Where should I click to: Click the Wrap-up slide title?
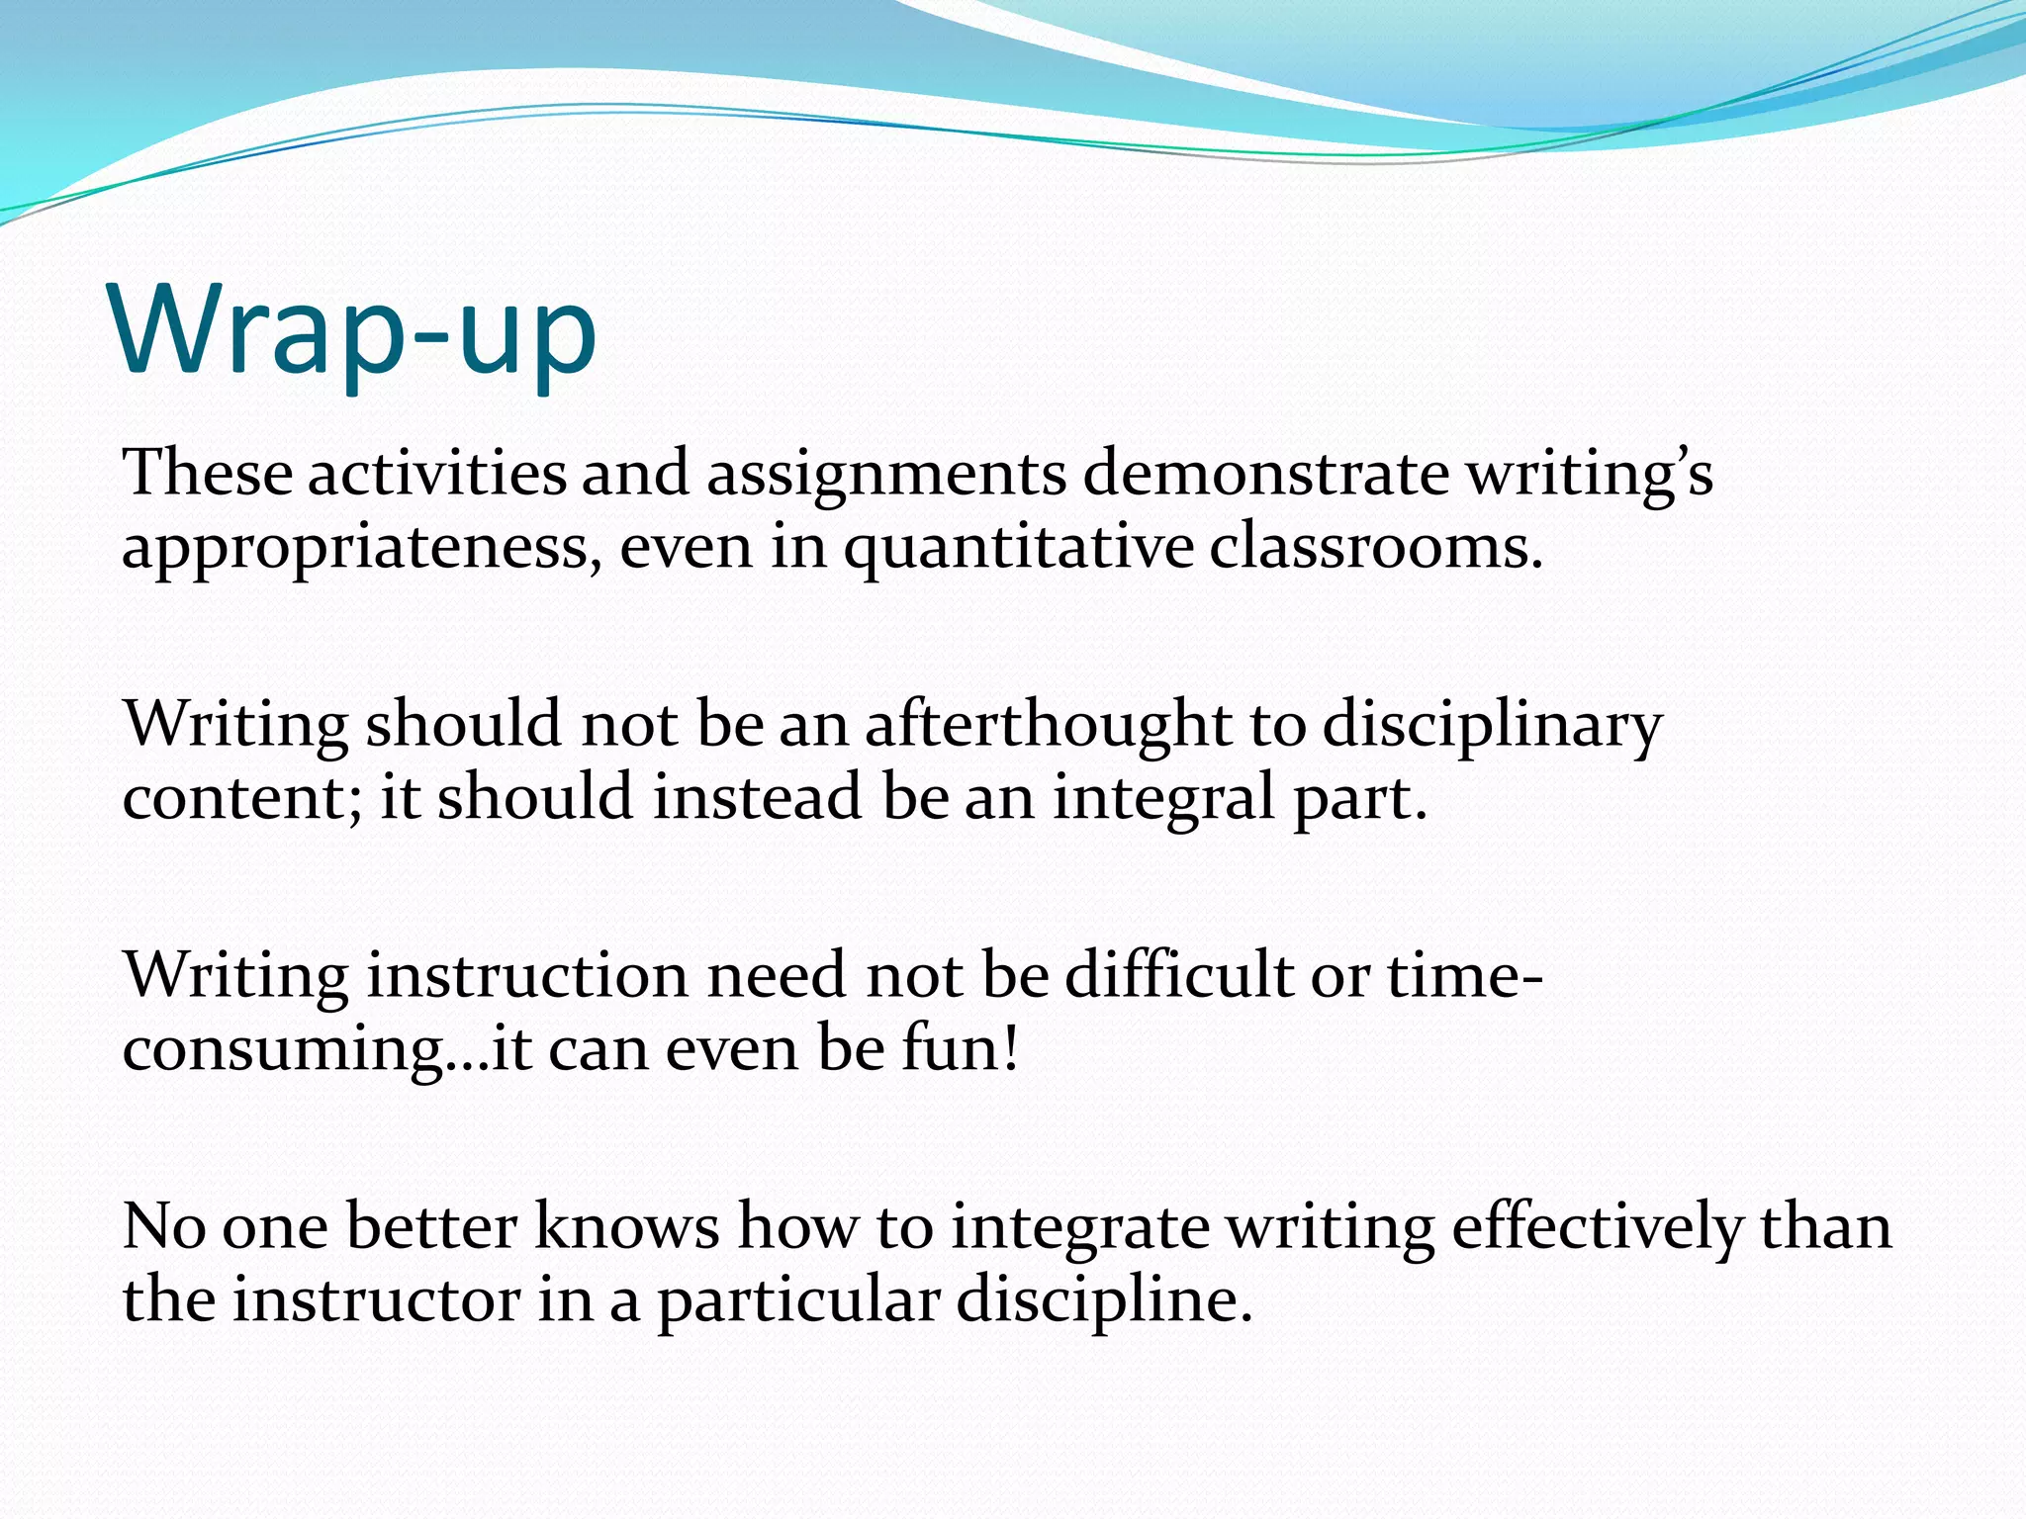pos(354,331)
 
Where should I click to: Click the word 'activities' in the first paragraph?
pos(436,473)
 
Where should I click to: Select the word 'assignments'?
pos(885,475)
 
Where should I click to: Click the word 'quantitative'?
pos(1018,550)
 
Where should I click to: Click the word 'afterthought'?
pos(1048,725)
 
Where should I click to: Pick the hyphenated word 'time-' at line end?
pos(1464,975)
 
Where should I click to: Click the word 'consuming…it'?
pos(327,1050)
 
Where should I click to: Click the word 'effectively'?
pos(1596,1228)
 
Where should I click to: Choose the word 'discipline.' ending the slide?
pos(1104,1301)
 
